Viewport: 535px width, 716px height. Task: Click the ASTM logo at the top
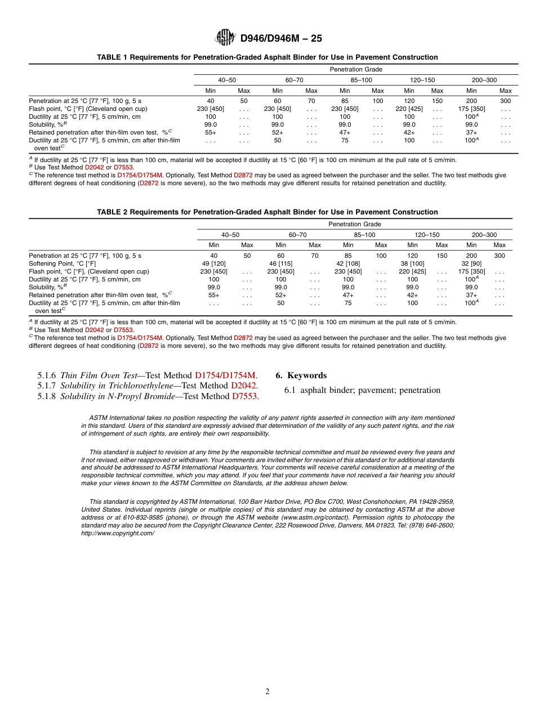(225, 38)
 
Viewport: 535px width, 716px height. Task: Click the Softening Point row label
(63, 263)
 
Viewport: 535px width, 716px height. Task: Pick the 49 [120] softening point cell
(214, 263)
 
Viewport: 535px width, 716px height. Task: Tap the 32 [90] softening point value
(471, 263)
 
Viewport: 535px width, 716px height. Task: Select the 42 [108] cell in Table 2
(348, 263)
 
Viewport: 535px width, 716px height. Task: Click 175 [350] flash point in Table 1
(471, 109)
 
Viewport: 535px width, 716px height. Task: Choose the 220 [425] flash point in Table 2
(412, 271)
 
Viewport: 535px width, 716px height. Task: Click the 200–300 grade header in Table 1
(484, 80)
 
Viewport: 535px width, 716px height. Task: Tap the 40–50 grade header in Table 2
(230, 235)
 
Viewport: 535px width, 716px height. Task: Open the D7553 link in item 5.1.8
(244, 396)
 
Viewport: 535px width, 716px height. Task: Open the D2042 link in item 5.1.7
(243, 386)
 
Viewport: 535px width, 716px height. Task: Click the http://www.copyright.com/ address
(118, 533)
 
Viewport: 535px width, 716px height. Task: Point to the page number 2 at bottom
(267, 692)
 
